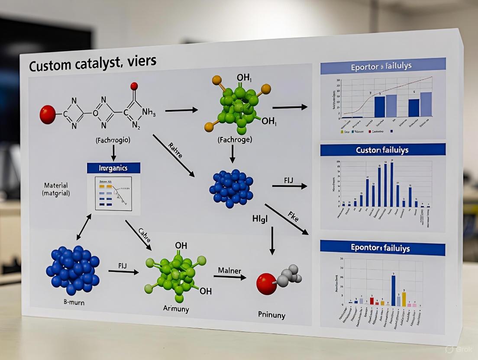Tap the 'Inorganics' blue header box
pyautogui.click(x=113, y=168)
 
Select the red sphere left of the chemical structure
pyautogui.click(x=48, y=115)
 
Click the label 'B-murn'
pyautogui.click(x=71, y=302)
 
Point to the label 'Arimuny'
pyautogui.click(x=176, y=308)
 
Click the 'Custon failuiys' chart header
pyautogui.click(x=382, y=150)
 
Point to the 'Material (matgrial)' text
pyautogui.click(x=57, y=189)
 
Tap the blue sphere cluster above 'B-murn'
pyautogui.click(x=73, y=270)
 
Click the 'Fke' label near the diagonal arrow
pyautogui.click(x=293, y=217)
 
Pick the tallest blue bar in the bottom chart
pyautogui.click(x=393, y=290)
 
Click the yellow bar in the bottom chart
pyautogui.click(x=404, y=299)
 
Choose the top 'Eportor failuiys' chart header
pyautogui.click(x=382, y=67)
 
